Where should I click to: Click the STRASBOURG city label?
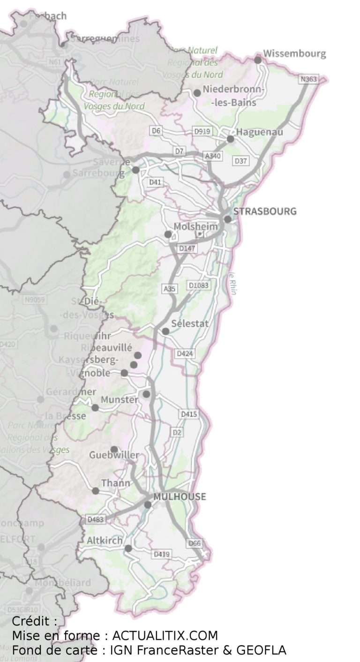click(x=265, y=211)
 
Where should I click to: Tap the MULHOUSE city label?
click(x=180, y=496)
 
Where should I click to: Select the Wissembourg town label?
click(x=294, y=53)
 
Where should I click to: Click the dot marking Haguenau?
click(x=230, y=139)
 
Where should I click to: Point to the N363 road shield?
click(x=308, y=79)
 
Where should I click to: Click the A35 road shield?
click(x=170, y=289)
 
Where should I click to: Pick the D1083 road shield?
click(x=198, y=285)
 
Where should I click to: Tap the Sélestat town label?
click(x=190, y=323)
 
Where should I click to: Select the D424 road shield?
click(x=184, y=354)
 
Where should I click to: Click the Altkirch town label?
click(x=105, y=541)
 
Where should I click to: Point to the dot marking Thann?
click(x=96, y=491)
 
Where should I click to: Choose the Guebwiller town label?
click(x=114, y=455)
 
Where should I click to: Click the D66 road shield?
click(x=194, y=543)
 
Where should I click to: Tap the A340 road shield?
click(x=212, y=156)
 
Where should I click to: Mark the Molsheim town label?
click(x=195, y=227)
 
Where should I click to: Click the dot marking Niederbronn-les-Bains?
click(x=197, y=93)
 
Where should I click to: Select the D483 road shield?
click(x=96, y=519)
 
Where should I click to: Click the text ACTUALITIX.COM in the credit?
click(x=165, y=636)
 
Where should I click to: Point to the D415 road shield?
click(x=189, y=414)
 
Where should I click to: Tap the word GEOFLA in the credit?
click(x=261, y=650)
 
